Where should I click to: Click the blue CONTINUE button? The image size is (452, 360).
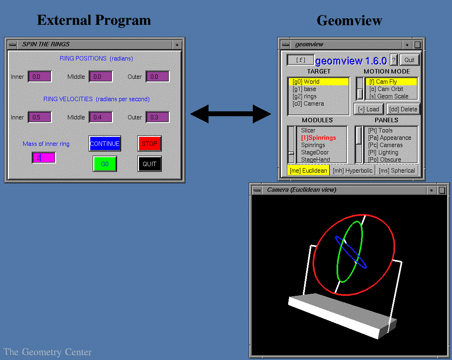pos(104,143)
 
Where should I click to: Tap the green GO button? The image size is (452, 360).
pos(104,164)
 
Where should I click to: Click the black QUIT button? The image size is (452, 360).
pos(149,164)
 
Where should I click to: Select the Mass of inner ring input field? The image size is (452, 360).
pos(44,158)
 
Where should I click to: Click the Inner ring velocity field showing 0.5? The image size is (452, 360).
pos(39,117)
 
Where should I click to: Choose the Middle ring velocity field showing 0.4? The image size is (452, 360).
pos(100,117)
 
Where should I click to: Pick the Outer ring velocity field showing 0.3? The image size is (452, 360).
pos(157,117)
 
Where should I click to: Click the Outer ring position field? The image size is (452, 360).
pos(157,76)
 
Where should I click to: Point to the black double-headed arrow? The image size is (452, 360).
pos(230,114)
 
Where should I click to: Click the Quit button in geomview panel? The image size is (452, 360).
pos(409,60)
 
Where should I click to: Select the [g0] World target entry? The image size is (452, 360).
pos(318,82)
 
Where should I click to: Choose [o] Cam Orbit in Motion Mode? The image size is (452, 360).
pos(391,89)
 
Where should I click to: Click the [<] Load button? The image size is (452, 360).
pos(369,109)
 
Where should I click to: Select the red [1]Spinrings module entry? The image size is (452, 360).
pos(318,138)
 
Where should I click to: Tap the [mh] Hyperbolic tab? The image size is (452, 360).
pos(352,171)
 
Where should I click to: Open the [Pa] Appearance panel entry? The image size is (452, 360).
pos(389,138)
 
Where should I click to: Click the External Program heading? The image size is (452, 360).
pos(94,20)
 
